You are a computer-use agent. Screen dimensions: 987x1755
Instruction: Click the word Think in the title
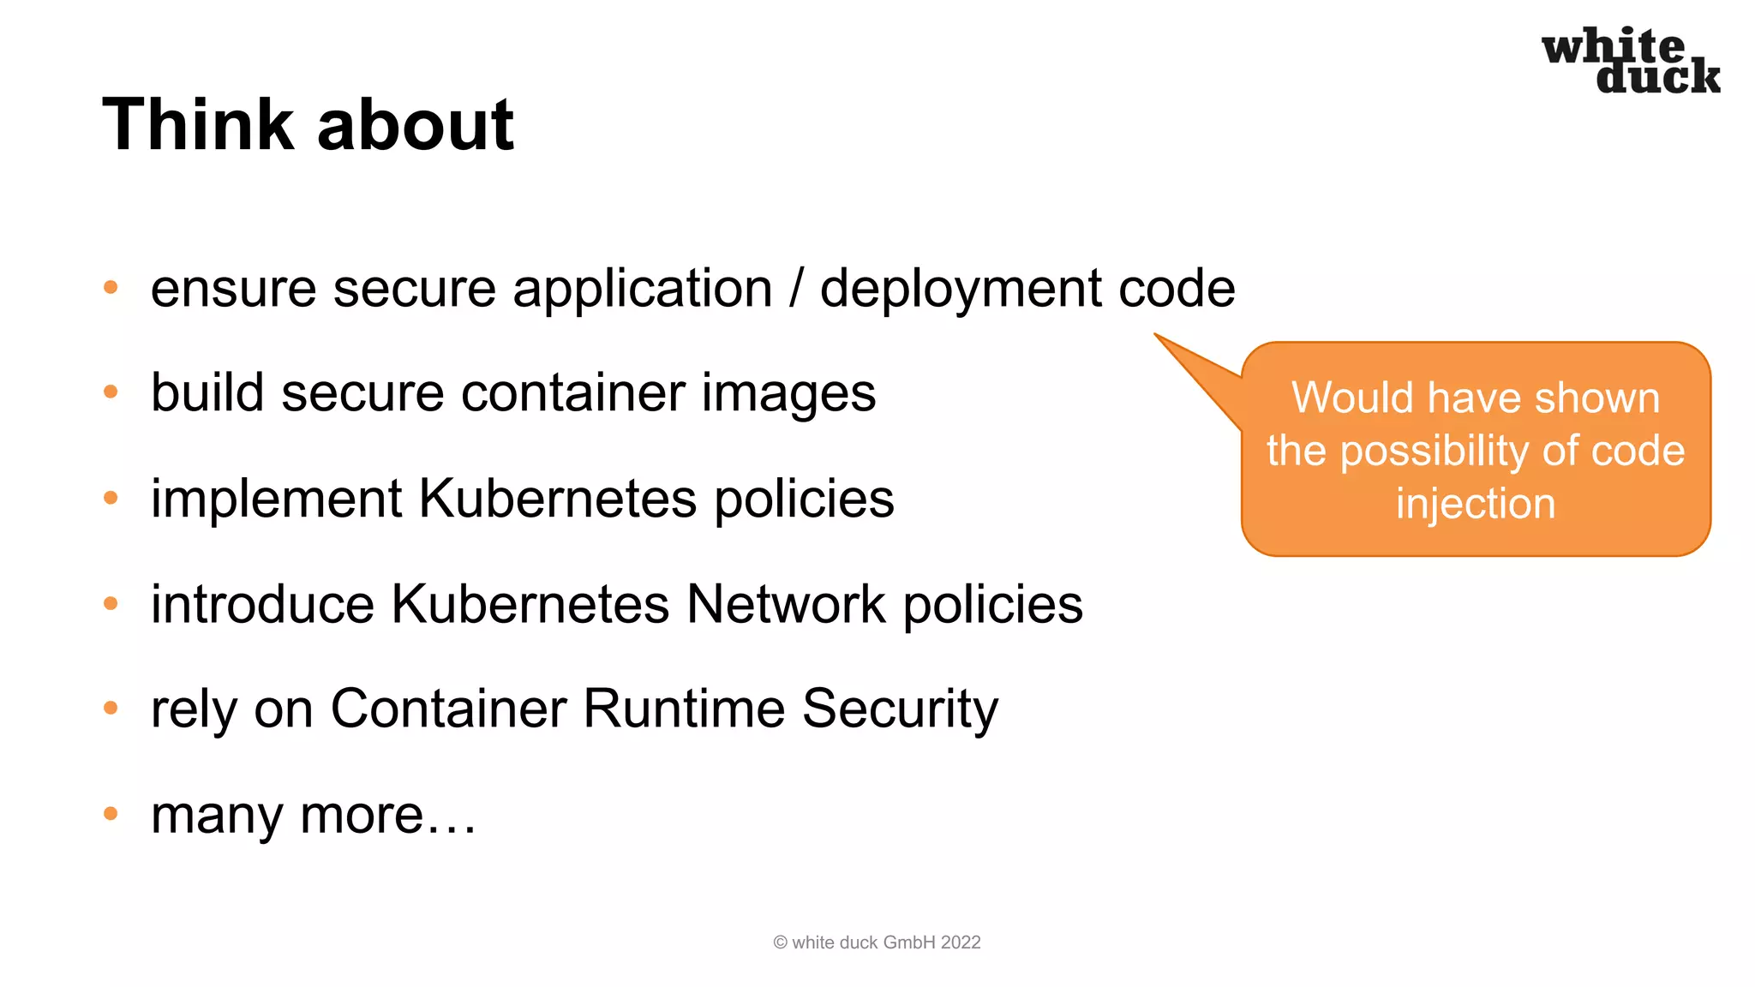(x=198, y=125)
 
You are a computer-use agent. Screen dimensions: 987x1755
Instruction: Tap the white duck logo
(x=1630, y=60)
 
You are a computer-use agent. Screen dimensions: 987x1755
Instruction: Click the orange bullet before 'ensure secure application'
(x=111, y=287)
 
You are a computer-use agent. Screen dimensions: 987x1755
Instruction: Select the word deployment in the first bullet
(x=960, y=289)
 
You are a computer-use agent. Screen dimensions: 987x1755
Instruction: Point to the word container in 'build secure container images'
(x=572, y=393)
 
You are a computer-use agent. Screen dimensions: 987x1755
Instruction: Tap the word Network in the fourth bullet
(x=786, y=604)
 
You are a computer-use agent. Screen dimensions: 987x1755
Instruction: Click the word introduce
(x=262, y=604)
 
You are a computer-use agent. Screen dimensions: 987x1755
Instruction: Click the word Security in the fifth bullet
(x=900, y=710)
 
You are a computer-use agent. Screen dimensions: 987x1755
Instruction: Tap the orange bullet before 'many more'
(x=111, y=813)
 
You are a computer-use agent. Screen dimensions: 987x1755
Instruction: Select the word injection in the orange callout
(x=1475, y=504)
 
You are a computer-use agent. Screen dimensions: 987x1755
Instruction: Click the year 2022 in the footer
(x=960, y=942)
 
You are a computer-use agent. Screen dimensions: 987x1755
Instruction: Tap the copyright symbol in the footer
(x=780, y=942)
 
